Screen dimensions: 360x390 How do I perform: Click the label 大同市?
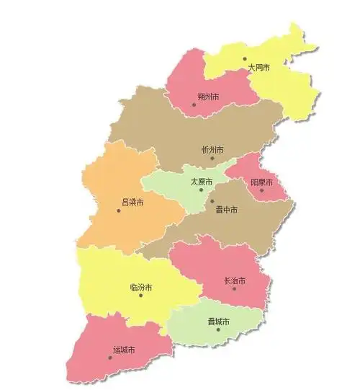click(258, 67)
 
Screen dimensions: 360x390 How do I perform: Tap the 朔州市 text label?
click(208, 96)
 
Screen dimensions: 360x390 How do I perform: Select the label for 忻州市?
click(212, 149)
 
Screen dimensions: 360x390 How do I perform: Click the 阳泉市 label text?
click(261, 182)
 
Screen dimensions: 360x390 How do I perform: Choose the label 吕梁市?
click(132, 202)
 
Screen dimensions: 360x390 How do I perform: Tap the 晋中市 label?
click(226, 210)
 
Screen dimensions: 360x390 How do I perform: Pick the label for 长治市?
click(235, 280)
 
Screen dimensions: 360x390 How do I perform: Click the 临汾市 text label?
click(141, 287)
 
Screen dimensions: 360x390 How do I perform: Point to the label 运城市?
click(124, 350)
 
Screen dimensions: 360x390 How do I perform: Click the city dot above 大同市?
click(245, 58)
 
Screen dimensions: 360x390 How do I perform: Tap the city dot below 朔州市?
click(194, 105)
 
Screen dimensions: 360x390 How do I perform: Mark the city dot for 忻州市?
click(212, 158)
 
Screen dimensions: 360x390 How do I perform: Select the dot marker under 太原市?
click(201, 190)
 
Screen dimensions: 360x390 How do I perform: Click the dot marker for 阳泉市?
click(261, 191)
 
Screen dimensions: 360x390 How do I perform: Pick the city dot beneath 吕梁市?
click(119, 210)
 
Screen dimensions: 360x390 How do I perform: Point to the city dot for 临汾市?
click(141, 296)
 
